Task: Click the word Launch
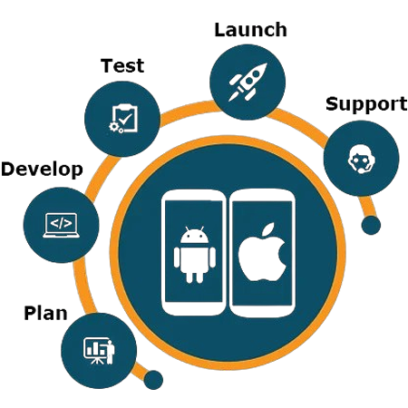(x=250, y=30)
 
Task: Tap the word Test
(x=122, y=65)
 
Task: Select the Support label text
(x=366, y=105)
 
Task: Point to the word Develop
(x=42, y=170)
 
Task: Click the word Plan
(x=45, y=313)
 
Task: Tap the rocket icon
(x=248, y=82)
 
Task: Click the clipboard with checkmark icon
(x=123, y=119)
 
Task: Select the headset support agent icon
(x=362, y=159)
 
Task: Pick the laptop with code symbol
(x=62, y=225)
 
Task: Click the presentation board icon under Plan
(x=99, y=351)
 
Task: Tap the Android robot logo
(x=195, y=255)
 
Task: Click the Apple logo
(x=262, y=252)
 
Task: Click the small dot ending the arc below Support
(x=371, y=225)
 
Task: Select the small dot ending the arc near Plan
(x=153, y=380)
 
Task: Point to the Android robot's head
(x=194, y=235)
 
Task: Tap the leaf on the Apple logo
(x=268, y=228)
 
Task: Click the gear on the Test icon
(x=113, y=127)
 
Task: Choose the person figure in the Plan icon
(x=111, y=352)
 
